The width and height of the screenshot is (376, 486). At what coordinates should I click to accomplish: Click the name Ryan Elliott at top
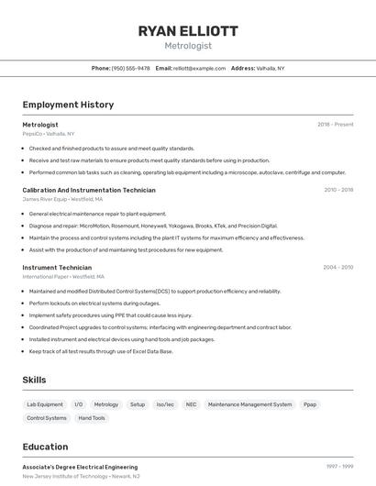[188, 30]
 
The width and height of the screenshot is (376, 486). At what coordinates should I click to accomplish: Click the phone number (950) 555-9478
[130, 68]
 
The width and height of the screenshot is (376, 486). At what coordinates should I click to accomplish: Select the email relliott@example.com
[199, 68]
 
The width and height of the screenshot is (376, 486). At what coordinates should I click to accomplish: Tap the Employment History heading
[68, 105]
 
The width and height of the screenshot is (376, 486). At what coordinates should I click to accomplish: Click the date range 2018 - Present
[336, 125]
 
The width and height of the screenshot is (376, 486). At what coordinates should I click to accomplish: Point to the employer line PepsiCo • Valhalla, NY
[49, 134]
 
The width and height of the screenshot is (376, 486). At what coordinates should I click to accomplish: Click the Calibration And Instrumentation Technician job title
[89, 190]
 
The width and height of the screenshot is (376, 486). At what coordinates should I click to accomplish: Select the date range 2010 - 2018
[338, 190]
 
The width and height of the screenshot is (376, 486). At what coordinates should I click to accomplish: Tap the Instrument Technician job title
[57, 268]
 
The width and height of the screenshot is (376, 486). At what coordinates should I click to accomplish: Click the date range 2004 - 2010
[337, 268]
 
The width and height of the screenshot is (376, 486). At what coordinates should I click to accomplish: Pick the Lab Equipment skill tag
[45, 404]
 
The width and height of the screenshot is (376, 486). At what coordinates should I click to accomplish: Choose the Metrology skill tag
[106, 404]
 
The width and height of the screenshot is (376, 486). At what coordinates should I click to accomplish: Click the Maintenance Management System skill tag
[249, 404]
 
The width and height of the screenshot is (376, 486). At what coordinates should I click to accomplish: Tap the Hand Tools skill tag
[92, 418]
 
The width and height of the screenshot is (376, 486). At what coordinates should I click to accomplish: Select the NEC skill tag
[191, 404]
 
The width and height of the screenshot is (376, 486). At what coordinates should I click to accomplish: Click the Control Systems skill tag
[47, 418]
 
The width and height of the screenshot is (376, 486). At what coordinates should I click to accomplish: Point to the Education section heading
[45, 447]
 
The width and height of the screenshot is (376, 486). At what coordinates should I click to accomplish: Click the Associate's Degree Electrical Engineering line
[80, 467]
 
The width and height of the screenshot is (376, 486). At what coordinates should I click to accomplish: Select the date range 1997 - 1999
[339, 467]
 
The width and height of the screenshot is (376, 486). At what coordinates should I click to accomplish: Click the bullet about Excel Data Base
[101, 350]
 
